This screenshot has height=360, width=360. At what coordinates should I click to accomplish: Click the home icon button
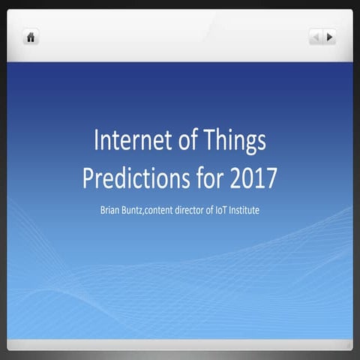(x=31, y=37)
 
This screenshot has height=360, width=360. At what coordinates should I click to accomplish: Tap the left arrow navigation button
(x=316, y=37)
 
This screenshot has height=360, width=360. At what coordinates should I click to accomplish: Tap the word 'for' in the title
(x=200, y=178)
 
